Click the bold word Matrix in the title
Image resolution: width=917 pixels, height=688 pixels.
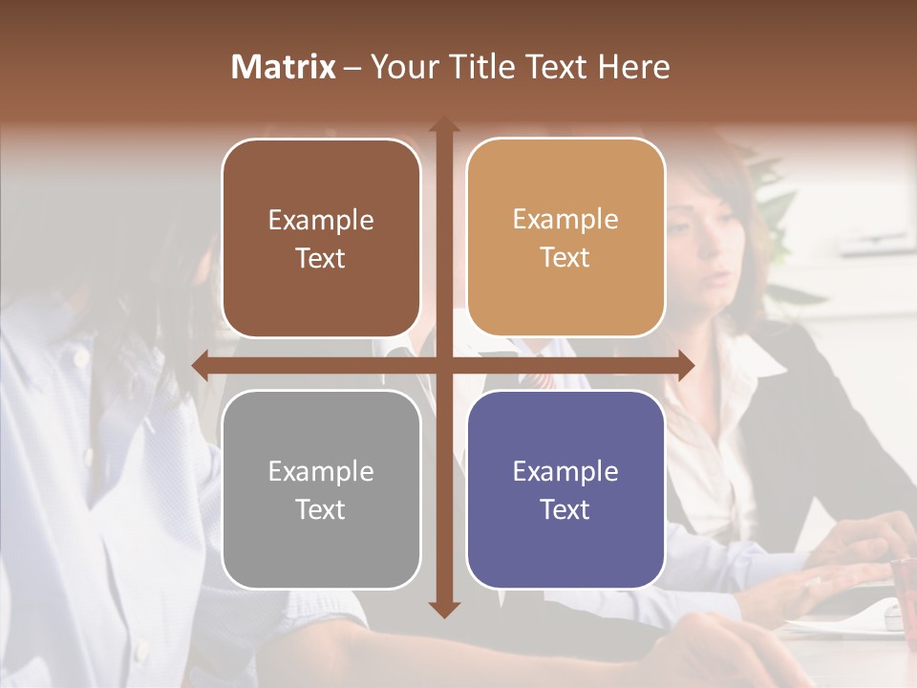click(x=284, y=67)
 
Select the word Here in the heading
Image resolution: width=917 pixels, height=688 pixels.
click(x=633, y=67)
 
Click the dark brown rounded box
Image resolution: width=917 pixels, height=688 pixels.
click(x=321, y=238)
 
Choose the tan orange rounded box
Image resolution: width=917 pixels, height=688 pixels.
click(x=565, y=238)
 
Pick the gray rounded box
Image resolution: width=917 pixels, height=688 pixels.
click(x=321, y=489)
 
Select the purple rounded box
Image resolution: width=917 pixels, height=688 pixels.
click(x=565, y=489)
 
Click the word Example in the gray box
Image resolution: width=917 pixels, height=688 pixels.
click(x=321, y=471)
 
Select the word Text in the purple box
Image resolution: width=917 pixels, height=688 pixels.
click(x=565, y=509)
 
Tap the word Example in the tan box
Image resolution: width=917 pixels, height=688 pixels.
click(x=565, y=219)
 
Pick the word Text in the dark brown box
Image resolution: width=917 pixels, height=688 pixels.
click(x=321, y=258)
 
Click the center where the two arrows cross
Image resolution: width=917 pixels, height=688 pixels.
click(x=443, y=365)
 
